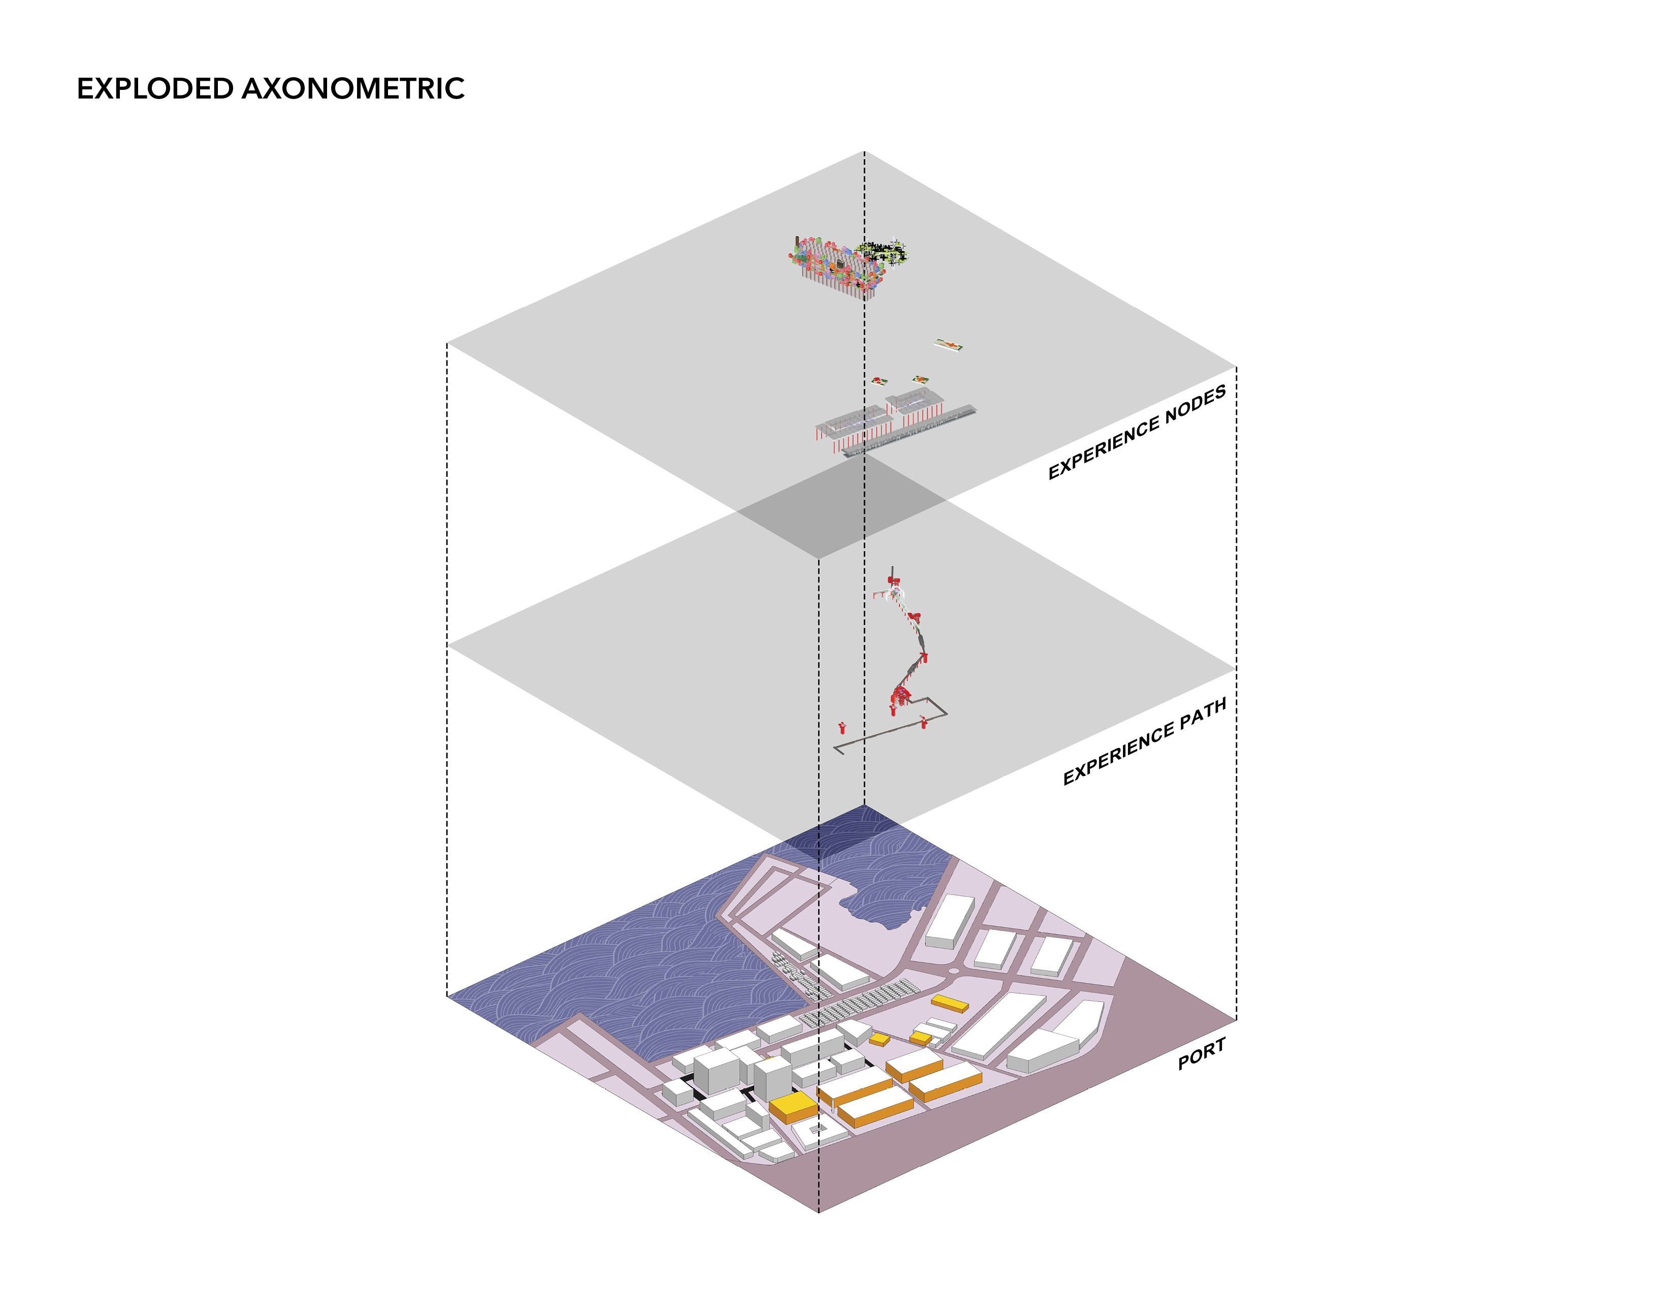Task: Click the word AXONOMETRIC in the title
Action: coord(354,88)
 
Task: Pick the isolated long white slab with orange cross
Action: coord(949,344)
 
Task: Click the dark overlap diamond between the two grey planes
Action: coord(842,506)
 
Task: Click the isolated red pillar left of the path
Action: coord(842,727)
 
